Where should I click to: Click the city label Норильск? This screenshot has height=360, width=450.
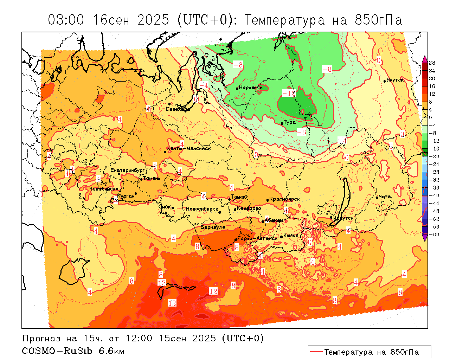tap(251, 88)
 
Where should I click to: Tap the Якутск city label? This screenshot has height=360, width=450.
tap(395, 80)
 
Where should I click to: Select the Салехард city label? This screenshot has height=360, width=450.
tap(178, 109)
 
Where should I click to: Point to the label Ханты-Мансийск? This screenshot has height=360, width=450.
tap(189, 148)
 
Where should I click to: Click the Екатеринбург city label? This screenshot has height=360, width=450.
tap(128, 170)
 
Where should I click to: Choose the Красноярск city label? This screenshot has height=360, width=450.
tap(284, 199)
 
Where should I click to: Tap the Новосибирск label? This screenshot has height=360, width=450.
tap(202, 209)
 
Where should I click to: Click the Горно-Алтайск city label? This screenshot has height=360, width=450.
tap(257, 238)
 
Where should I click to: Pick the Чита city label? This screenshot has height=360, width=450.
tap(385, 197)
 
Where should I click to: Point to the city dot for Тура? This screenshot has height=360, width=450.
tap(282, 123)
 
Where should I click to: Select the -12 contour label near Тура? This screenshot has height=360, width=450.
tap(289, 94)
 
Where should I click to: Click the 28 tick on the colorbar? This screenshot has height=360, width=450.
tap(432, 63)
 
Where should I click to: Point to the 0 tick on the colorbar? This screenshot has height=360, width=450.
tap(431, 117)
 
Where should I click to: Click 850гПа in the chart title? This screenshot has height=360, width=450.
tap(378, 20)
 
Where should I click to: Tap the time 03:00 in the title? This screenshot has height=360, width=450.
tap(66, 20)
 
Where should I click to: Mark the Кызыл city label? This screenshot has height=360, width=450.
tap(291, 236)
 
